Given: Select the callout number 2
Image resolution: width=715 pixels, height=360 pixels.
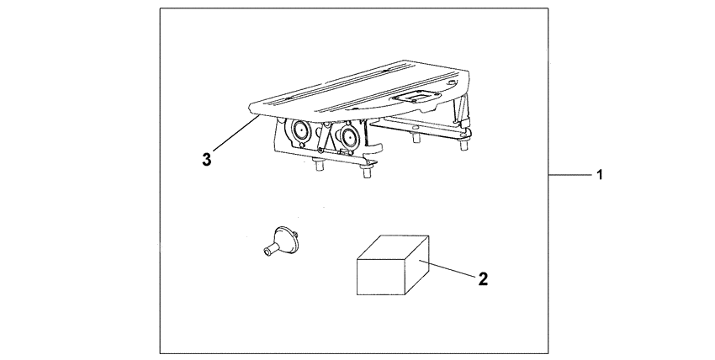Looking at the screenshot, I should pyautogui.click(x=482, y=278).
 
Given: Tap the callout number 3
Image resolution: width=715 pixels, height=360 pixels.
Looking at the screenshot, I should pyautogui.click(x=206, y=157).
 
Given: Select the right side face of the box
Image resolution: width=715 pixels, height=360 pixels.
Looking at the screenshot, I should pyautogui.click(x=418, y=267).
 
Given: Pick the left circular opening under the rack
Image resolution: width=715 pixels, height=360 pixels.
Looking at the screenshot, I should pyautogui.click(x=298, y=130).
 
